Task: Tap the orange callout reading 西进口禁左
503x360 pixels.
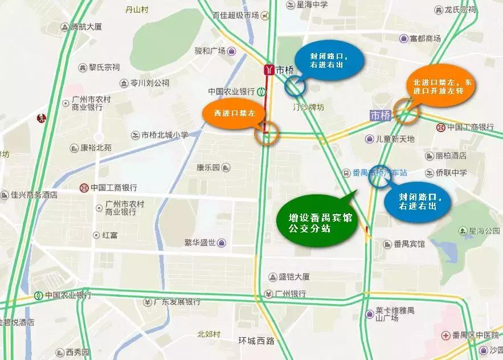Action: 233,113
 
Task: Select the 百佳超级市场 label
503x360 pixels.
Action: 235,15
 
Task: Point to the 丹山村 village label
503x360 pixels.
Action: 136,9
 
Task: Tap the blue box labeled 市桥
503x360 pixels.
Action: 381,116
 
